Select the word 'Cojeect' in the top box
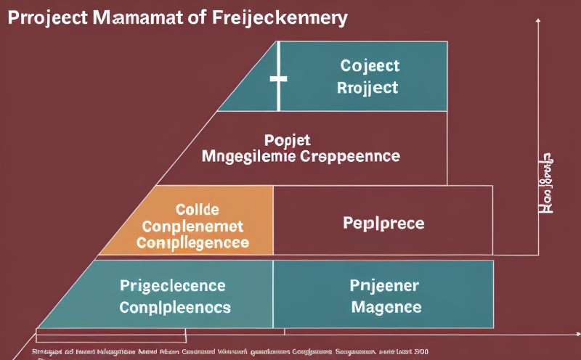tap(369, 66)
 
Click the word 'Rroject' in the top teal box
tap(368, 88)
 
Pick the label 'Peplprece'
tap(383, 222)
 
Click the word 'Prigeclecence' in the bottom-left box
tap(173, 285)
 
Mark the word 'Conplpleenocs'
tap(174, 307)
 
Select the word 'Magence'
tap(386, 307)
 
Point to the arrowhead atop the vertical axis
tap(537, 25)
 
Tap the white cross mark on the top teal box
tap(277, 78)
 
